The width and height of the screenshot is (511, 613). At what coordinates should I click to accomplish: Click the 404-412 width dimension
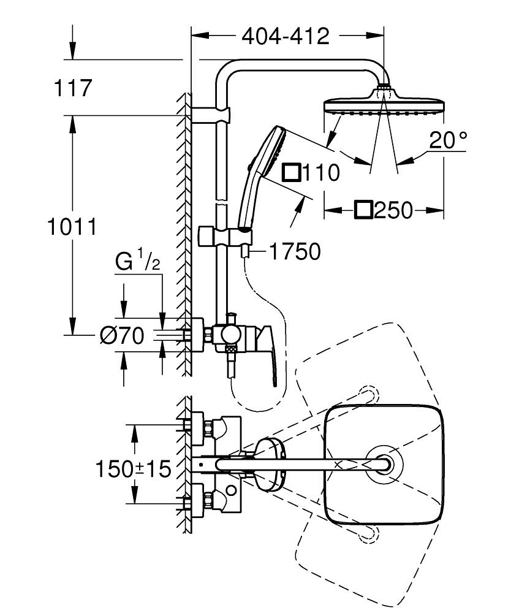point(286,37)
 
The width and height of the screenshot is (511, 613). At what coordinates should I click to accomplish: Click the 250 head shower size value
point(393,211)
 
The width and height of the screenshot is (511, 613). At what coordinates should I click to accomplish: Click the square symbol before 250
point(363,210)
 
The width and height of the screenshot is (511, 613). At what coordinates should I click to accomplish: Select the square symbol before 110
point(291,173)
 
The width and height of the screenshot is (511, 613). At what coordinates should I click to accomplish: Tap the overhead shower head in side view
point(383,102)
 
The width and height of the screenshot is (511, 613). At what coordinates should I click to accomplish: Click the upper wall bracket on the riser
point(211,115)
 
